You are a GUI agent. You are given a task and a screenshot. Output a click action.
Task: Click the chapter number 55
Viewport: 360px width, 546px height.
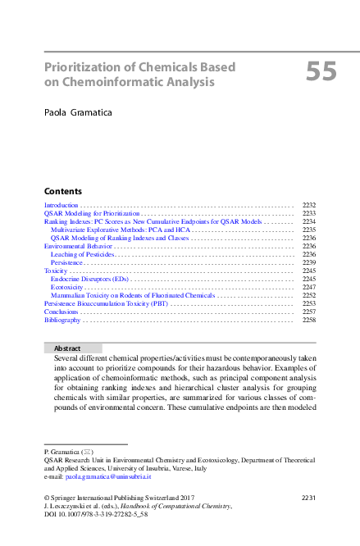point(321,73)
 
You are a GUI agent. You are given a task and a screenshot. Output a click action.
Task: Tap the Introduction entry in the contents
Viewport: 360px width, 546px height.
point(61,205)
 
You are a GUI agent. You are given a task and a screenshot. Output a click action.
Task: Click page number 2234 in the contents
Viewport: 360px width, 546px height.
point(309,221)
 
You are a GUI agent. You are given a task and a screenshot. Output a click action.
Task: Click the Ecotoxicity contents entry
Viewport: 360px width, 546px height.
point(67,287)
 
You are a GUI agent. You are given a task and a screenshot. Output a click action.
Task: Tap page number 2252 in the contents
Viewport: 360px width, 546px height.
point(309,295)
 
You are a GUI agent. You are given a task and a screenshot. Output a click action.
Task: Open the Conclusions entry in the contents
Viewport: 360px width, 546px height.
point(62,312)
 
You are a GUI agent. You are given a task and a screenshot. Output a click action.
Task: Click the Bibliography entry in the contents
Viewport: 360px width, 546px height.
point(63,320)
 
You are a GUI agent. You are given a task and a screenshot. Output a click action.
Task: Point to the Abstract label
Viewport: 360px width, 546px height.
point(67,348)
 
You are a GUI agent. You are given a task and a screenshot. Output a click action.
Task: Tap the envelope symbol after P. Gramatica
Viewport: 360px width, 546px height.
point(88,452)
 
